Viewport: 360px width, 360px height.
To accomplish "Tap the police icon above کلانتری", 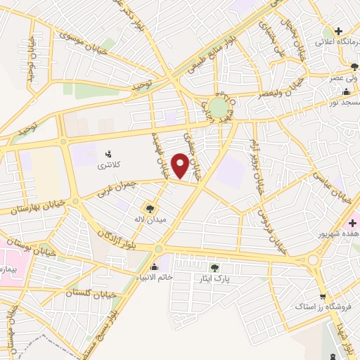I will point(108,154).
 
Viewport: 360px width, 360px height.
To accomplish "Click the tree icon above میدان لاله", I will point(149,208).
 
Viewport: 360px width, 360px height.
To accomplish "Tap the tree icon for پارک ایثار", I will point(214,266).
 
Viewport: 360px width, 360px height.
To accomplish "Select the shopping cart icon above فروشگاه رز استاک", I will point(322,296).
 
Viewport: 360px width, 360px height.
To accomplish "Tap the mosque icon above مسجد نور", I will point(345,91).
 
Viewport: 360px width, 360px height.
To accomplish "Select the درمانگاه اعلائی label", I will point(336,42).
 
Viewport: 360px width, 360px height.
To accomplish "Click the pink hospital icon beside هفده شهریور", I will point(352,223).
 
